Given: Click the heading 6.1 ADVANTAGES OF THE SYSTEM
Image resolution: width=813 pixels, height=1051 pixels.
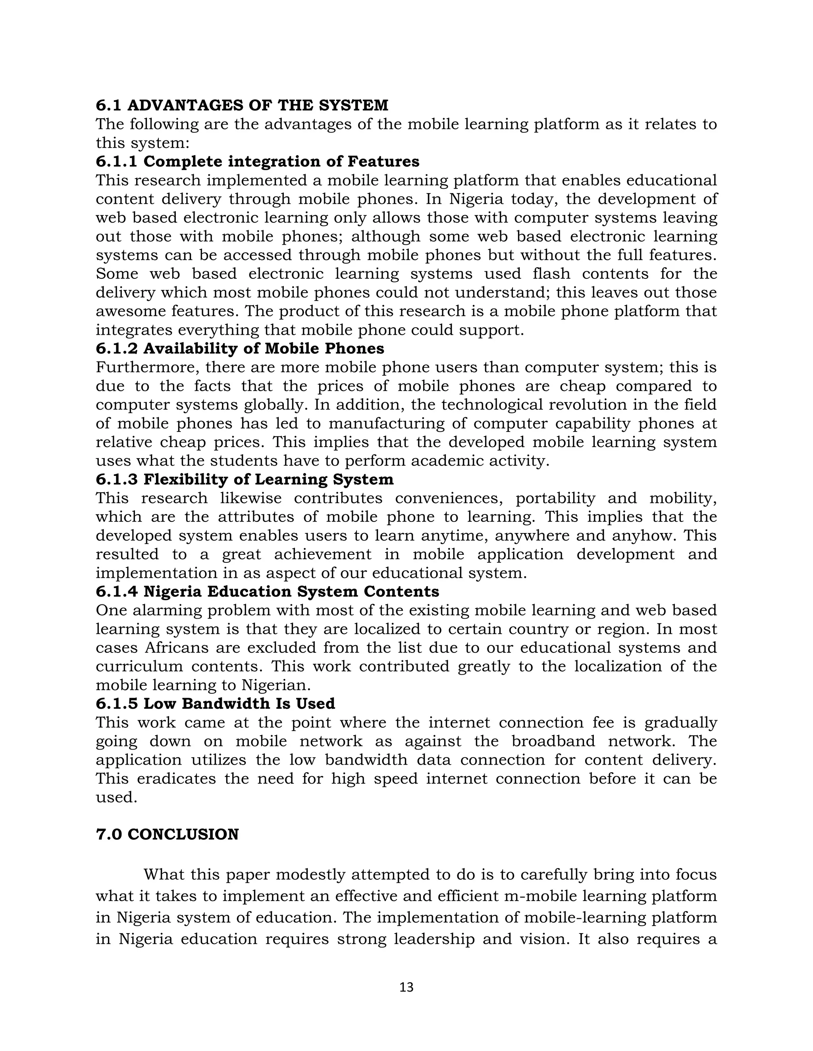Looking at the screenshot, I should pyautogui.click(x=242, y=105).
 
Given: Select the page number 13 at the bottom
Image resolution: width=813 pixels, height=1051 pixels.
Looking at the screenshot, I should pyautogui.click(x=406, y=988).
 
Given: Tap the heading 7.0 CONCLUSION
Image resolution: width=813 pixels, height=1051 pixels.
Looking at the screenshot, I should pyautogui.click(x=167, y=834).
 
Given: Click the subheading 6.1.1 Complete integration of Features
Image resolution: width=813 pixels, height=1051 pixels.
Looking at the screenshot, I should pyautogui.click(x=257, y=161).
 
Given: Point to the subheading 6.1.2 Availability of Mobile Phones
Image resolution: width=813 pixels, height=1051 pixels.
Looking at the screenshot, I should pyautogui.click(x=240, y=348).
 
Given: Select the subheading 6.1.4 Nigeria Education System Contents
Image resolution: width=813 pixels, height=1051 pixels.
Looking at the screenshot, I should pyautogui.click(x=267, y=591).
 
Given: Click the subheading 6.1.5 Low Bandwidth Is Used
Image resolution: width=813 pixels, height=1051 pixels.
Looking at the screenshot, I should pyautogui.click(x=215, y=703).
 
